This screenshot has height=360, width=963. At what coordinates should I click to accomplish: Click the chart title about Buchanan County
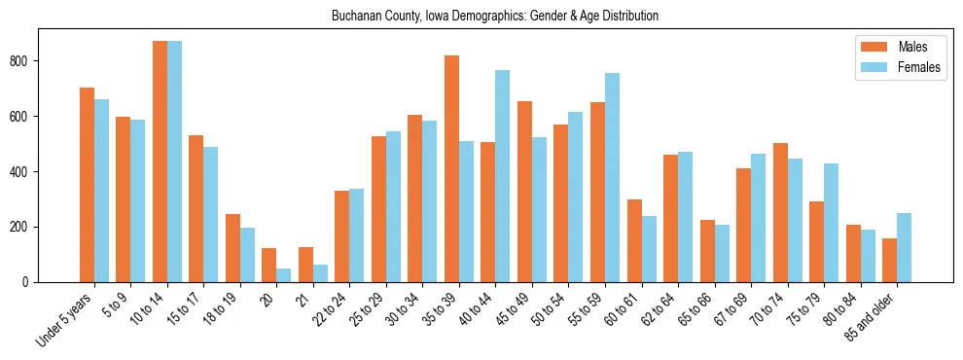point(495,16)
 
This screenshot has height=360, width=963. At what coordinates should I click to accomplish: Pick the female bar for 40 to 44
point(503,176)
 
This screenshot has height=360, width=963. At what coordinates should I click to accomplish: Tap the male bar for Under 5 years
point(87,185)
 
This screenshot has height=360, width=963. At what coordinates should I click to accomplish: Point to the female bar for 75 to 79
point(831,223)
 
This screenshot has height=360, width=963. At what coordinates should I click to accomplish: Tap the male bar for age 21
point(305,265)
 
